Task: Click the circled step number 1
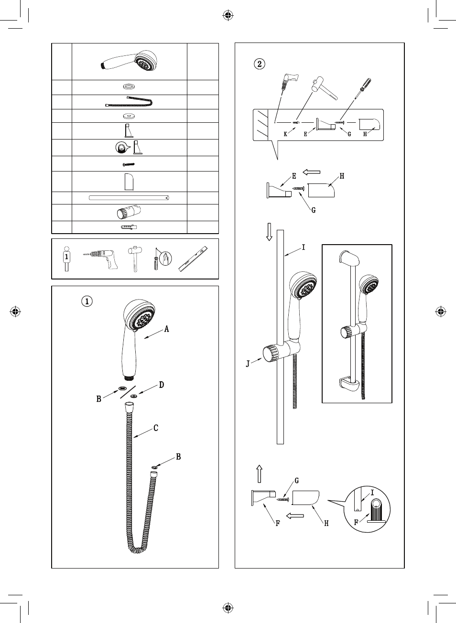pos(87,301)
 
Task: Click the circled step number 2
pos(259,64)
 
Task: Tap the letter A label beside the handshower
pos(167,329)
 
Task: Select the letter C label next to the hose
pos(156,428)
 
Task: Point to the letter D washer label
pos(162,385)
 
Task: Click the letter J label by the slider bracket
pos(248,364)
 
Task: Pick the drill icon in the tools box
pos(98,258)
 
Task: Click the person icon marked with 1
pos(67,258)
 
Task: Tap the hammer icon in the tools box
pos(132,258)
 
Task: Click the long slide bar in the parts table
pos(129,198)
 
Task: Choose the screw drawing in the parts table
pos(129,164)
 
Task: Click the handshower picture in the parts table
pos(129,61)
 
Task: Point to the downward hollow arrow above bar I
pos(269,232)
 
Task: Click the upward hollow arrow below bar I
pos(259,474)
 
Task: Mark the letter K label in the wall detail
pos(285,134)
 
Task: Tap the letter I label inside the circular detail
pos(372,492)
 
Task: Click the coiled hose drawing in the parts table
pos(129,102)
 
